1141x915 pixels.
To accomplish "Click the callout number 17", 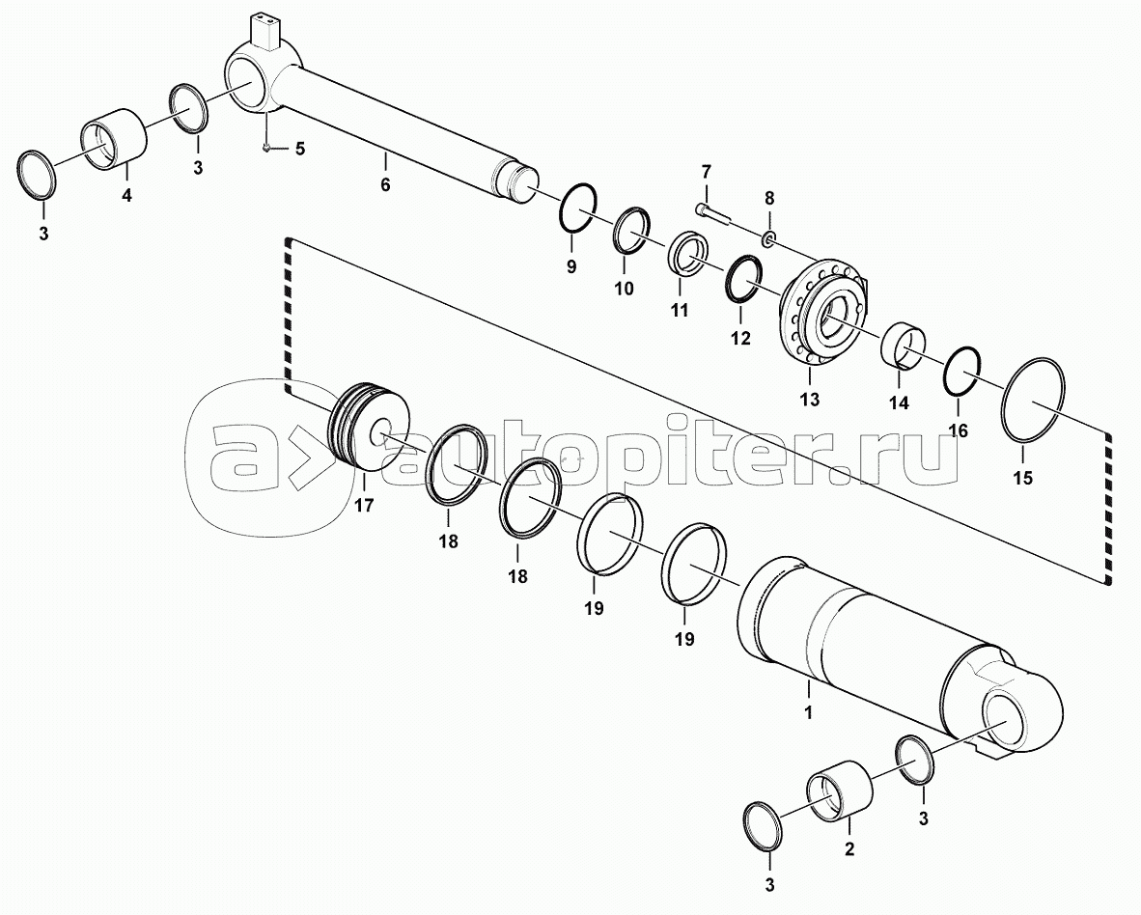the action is coord(364,505).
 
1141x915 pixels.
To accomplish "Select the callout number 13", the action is coord(809,400).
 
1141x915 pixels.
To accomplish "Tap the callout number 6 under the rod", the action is coord(385,184).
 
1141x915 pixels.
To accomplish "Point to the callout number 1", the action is coord(808,712).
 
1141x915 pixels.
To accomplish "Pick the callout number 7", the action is coord(705,173).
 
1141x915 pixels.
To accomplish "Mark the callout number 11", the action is coord(679,311).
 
